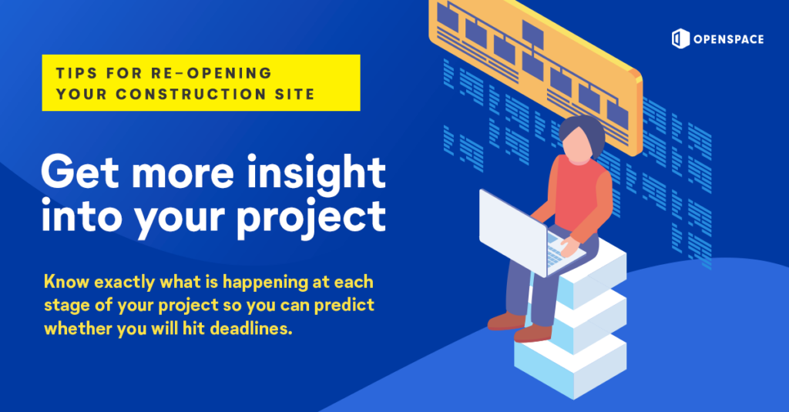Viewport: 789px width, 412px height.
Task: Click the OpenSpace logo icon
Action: click(x=680, y=39)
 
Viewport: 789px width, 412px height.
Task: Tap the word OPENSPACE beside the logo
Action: click(x=729, y=39)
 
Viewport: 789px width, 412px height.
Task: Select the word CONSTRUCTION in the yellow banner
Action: click(x=191, y=94)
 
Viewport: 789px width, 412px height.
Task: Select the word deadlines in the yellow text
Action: click(x=251, y=329)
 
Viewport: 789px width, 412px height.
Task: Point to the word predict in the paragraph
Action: click(x=344, y=306)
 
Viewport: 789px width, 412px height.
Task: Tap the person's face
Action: click(x=579, y=143)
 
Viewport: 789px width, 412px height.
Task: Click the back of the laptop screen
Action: click(x=512, y=232)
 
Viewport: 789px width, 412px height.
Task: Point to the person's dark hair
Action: click(x=584, y=132)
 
